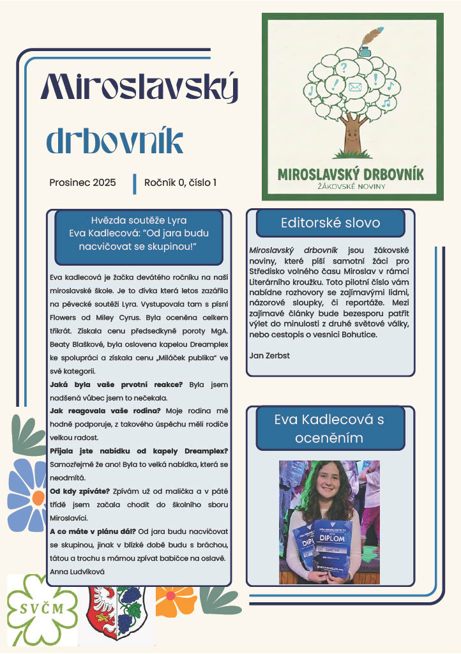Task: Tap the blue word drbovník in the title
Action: (114, 141)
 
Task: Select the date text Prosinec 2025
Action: (82, 182)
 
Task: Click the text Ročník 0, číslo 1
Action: (180, 182)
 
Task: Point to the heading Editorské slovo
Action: (330, 223)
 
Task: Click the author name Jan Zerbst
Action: (269, 356)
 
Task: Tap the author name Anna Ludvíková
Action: (77, 572)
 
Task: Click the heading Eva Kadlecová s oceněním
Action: (329, 428)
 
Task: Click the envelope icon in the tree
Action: (355, 86)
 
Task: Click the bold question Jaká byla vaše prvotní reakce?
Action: (116, 384)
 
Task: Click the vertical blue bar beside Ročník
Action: (135, 183)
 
